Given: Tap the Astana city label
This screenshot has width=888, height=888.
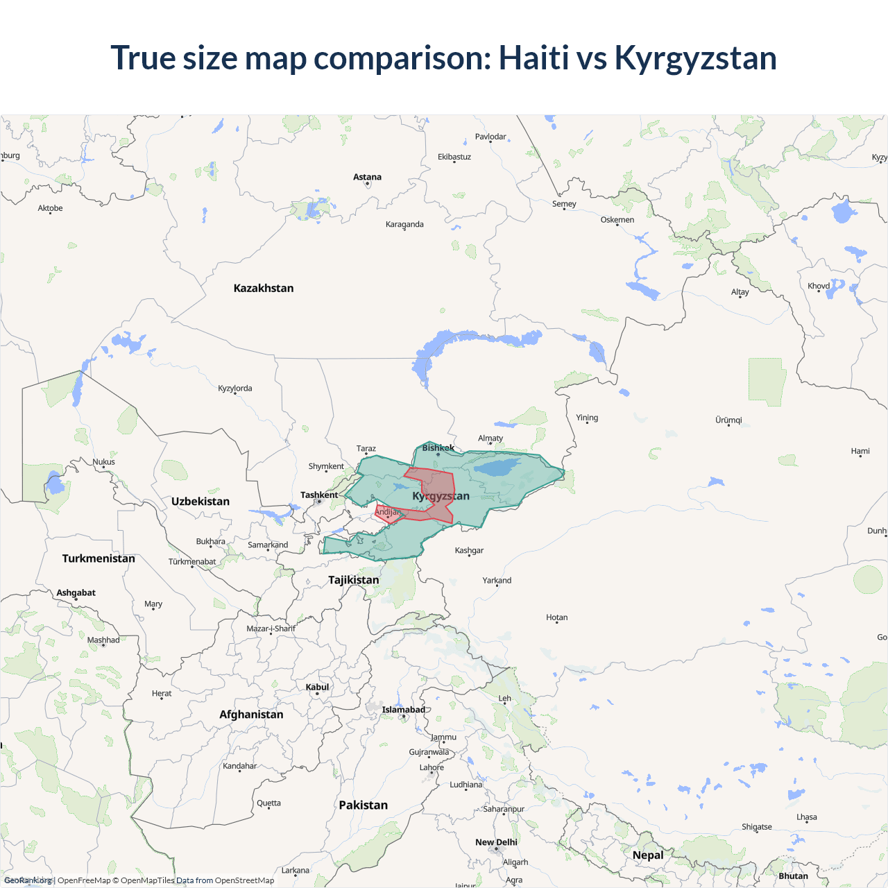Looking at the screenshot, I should [x=367, y=178].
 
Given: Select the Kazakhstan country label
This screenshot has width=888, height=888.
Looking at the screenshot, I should [x=264, y=289].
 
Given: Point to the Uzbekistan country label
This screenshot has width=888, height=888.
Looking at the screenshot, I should [x=200, y=502].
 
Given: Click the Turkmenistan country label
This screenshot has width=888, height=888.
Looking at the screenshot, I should [x=99, y=558].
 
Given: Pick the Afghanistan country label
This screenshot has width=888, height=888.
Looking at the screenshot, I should [x=251, y=715].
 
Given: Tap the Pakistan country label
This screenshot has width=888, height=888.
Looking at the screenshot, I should [x=363, y=805].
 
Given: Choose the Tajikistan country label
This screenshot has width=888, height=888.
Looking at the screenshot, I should [x=354, y=580].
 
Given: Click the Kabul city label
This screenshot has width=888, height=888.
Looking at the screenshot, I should [x=317, y=688].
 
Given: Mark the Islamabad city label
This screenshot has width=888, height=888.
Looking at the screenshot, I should [x=403, y=710].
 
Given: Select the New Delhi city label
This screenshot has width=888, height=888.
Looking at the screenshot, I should [x=496, y=842].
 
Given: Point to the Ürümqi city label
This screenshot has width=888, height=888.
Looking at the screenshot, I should [x=728, y=420].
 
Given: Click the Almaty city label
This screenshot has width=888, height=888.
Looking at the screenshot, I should [x=490, y=438].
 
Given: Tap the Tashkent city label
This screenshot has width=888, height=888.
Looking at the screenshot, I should [x=319, y=495].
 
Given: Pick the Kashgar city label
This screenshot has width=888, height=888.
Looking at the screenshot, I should [x=469, y=551].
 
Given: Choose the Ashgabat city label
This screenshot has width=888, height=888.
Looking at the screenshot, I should [x=76, y=593].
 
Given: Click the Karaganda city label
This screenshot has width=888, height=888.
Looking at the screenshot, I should [x=404, y=225].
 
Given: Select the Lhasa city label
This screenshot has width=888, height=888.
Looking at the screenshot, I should [x=807, y=817].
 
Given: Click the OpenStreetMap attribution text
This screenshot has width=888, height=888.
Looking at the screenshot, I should [x=244, y=880].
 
